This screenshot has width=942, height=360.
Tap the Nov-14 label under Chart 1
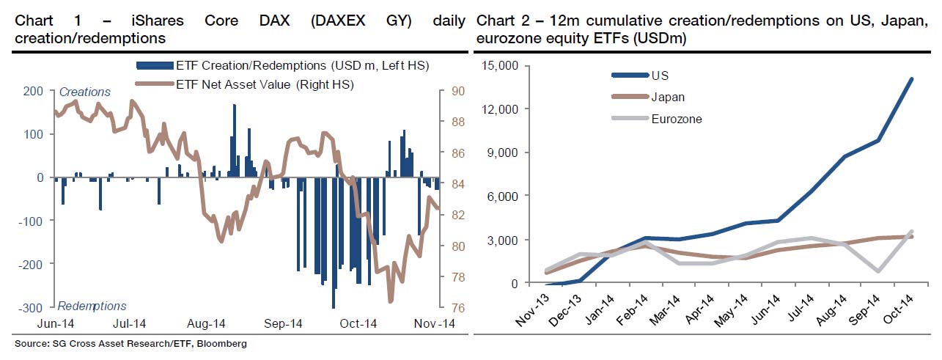(x=434, y=323)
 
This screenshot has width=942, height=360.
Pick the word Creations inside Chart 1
(x=84, y=92)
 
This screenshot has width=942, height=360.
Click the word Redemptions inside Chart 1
(x=92, y=306)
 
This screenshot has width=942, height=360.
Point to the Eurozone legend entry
(x=676, y=119)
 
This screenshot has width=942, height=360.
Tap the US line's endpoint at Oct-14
(x=912, y=78)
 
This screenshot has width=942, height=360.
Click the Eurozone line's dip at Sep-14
(x=877, y=271)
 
